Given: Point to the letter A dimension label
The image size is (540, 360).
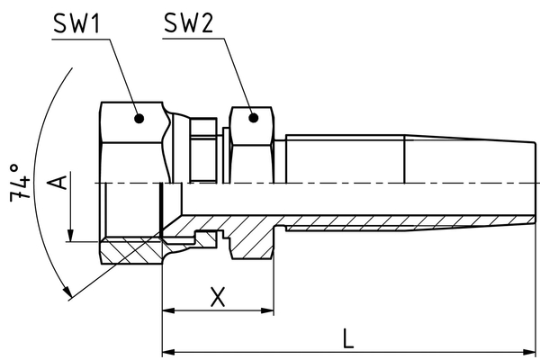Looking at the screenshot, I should (x=57, y=184).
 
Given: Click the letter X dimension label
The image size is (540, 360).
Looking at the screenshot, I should (x=217, y=296).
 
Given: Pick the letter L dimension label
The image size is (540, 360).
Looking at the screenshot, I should (x=348, y=337).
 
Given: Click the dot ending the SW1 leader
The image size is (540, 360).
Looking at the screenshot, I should (x=138, y=117).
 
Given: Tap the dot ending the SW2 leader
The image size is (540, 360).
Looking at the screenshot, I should (x=253, y=117).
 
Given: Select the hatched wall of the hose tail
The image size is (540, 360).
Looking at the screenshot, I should (x=360, y=221).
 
